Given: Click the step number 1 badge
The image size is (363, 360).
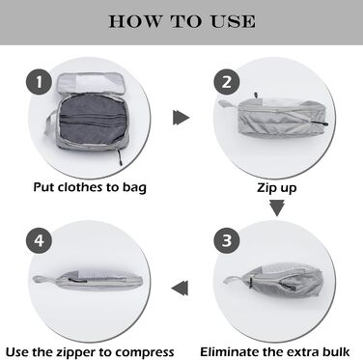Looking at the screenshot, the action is coord(39,82).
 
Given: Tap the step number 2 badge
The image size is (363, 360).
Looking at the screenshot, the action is coord(227,82).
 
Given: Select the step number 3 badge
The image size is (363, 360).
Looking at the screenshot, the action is coord(227,240).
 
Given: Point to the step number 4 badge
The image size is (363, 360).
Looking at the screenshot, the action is coord(39,240).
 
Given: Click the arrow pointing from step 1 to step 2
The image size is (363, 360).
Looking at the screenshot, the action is coord(181,117).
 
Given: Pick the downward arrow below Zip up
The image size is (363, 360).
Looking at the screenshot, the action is coord(277,208).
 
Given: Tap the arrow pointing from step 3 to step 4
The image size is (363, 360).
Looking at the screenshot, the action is coord(180,288).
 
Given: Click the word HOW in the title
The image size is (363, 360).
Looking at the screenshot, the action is coord(135,22).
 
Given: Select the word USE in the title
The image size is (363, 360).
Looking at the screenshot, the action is coord(233,22).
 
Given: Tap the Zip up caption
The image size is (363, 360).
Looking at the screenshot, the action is coord(277,188).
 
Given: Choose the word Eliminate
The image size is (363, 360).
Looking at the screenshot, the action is coord(229,351).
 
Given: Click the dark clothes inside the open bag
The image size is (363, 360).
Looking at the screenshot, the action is coord(92,120).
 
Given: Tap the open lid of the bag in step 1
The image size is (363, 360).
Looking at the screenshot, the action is coord(91,83).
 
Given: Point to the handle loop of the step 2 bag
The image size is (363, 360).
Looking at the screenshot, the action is coord(228,104).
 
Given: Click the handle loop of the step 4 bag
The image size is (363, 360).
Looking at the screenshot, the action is coord(45,280).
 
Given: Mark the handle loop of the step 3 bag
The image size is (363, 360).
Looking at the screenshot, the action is coord(234,279).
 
